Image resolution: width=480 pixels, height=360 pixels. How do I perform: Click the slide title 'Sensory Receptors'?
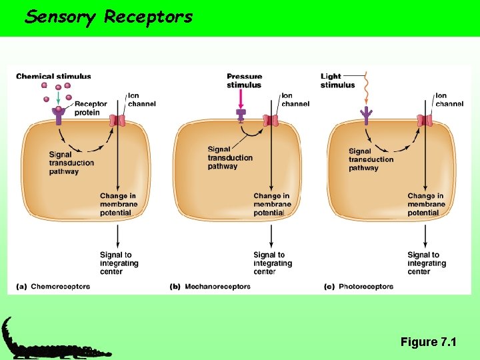click(x=109, y=17)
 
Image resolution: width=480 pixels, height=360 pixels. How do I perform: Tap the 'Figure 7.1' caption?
click(x=428, y=342)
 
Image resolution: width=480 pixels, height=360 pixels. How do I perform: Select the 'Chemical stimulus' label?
click(x=53, y=77)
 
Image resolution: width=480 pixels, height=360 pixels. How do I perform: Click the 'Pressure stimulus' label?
click(x=244, y=81)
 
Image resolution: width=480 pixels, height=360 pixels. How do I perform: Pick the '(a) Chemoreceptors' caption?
click(x=53, y=287)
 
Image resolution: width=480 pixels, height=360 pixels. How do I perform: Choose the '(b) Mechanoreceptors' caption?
click(x=210, y=287)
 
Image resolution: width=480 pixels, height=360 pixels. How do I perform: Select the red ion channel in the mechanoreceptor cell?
click(x=271, y=121)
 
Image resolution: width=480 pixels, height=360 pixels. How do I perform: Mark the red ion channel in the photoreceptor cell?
click(x=425, y=121)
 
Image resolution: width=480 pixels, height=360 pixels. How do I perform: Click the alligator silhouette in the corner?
click(x=53, y=341)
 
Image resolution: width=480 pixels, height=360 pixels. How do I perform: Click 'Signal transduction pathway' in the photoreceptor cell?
click(x=371, y=160)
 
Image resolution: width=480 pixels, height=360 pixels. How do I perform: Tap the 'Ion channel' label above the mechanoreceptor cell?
click(x=295, y=100)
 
